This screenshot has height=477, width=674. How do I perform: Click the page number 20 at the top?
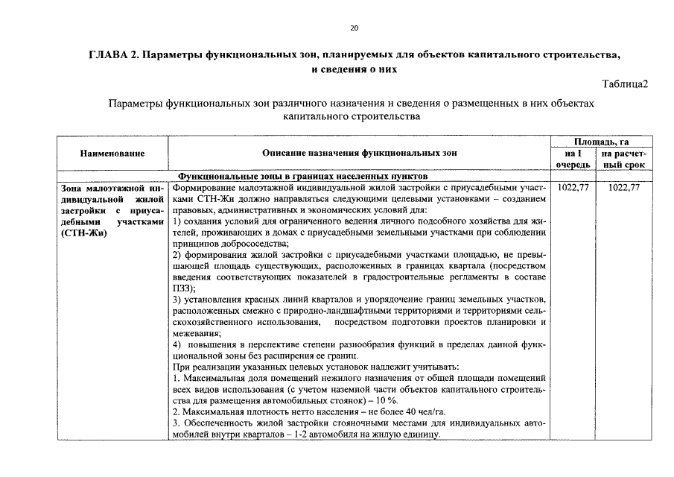pos(354,28)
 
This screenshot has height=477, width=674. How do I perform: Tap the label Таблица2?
pos(625,83)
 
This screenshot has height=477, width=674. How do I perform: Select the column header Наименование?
pos(112,153)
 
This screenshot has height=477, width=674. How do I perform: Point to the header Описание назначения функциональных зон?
pos(360,153)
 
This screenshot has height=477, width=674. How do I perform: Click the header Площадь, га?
pos(603,142)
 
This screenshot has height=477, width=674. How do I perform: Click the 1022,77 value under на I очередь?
pos(573,188)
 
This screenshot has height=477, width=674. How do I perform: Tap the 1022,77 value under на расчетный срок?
pos(624,188)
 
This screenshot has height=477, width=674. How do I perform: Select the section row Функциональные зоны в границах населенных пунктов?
pos(302,177)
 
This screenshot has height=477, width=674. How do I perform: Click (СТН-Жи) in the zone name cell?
pos(83,234)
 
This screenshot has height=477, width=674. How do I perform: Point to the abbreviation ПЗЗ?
pos(181,288)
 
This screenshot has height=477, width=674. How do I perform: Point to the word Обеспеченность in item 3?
pos(217,423)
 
